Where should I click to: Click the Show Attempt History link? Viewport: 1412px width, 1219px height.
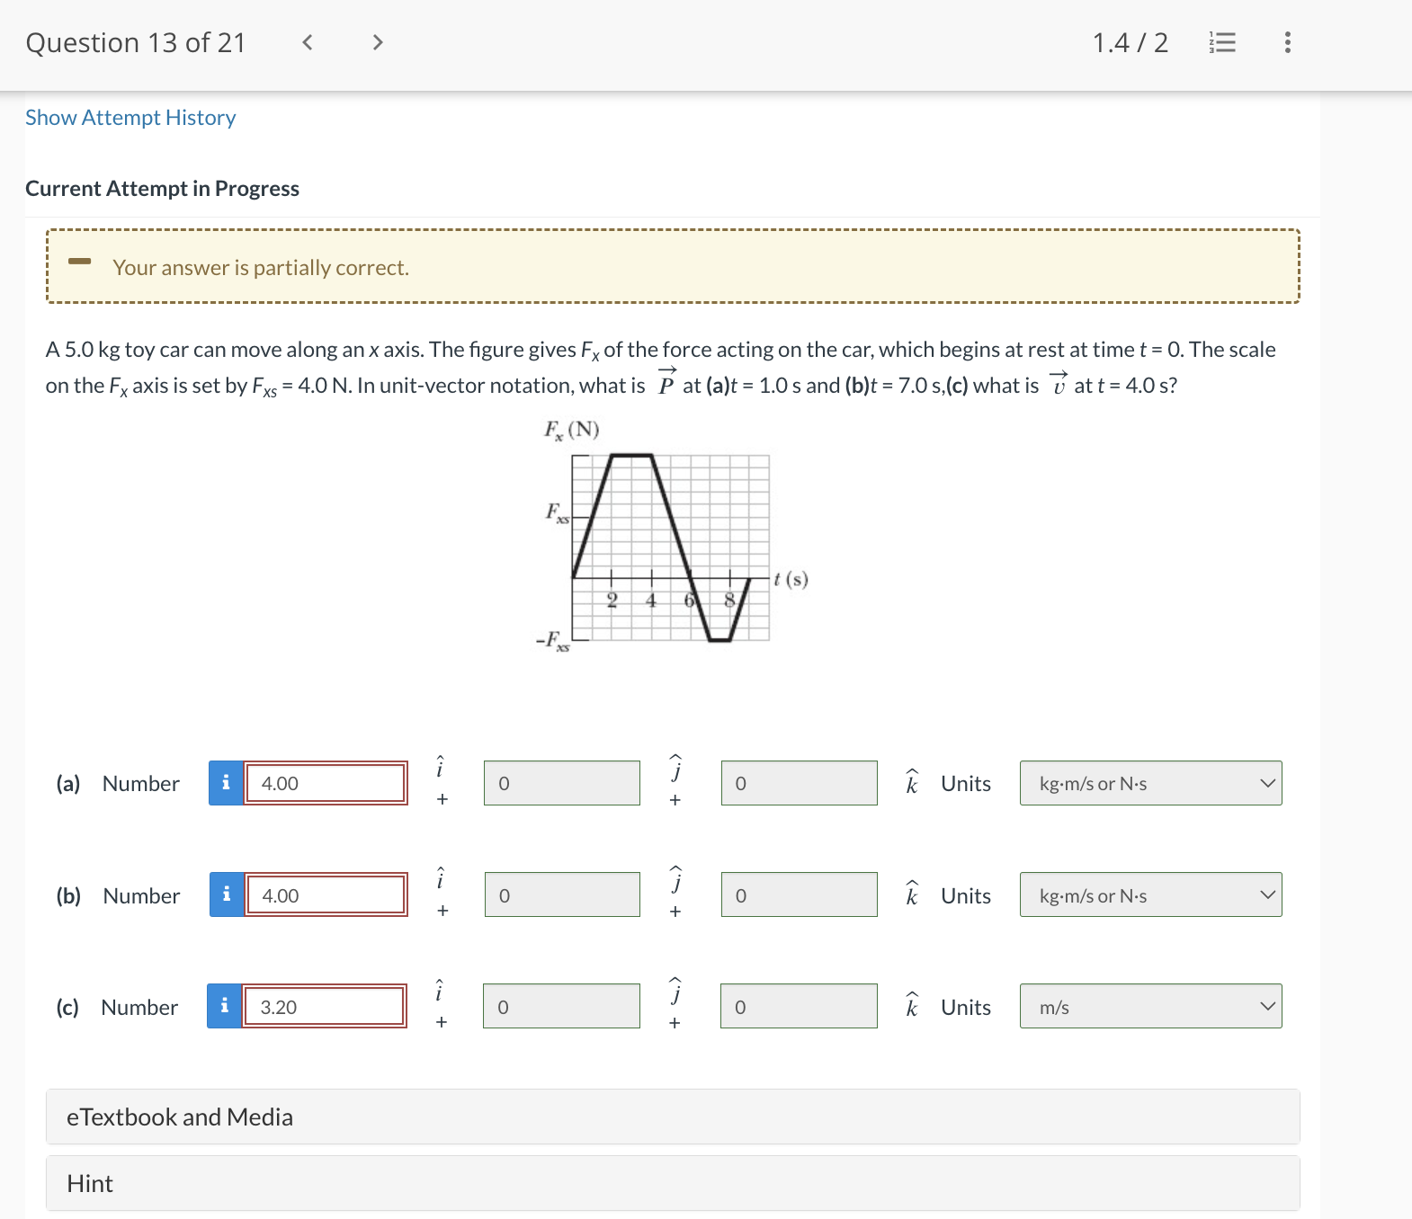[130, 118]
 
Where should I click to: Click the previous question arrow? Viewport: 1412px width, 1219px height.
[308, 42]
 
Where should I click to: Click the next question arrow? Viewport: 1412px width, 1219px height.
[378, 42]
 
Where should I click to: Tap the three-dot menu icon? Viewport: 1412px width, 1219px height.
[1288, 42]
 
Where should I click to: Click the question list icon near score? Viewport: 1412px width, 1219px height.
[1223, 42]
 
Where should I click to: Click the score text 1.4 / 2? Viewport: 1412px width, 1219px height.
[1130, 42]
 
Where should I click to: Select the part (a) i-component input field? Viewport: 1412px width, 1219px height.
[326, 783]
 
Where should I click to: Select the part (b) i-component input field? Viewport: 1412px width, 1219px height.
[326, 895]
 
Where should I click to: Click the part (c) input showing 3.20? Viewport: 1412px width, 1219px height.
[324, 1007]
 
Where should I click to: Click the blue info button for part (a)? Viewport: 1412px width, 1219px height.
[226, 783]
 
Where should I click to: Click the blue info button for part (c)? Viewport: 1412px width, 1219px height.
[224, 1007]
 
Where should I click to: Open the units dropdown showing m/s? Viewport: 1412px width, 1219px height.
[1150, 1007]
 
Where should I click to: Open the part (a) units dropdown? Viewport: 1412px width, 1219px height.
[1150, 783]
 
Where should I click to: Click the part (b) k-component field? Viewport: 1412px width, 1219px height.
[799, 895]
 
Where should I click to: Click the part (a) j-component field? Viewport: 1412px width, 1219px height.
[561, 783]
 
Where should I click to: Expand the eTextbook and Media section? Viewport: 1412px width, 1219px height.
[673, 1117]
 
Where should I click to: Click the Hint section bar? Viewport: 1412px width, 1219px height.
[673, 1183]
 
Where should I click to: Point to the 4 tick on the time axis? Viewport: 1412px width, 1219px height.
[651, 600]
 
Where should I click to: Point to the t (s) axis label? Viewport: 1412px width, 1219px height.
[791, 579]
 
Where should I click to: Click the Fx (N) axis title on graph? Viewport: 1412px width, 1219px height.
[571, 430]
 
